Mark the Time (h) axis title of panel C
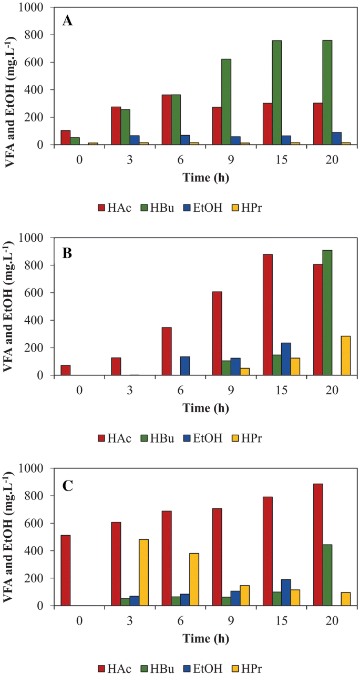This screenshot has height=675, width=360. [x=205, y=638]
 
